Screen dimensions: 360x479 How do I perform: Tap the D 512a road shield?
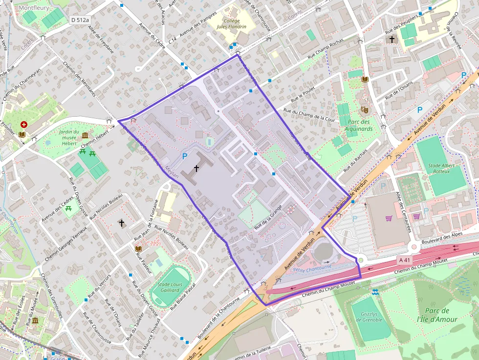pyautogui.click(x=79, y=20)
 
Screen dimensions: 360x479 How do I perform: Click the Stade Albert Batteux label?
pyautogui.click(x=441, y=169)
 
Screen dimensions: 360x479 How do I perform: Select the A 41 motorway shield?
pyautogui.click(x=404, y=260)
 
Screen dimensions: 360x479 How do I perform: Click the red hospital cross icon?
pyautogui.click(x=23, y=125)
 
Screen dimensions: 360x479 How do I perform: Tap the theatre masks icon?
pyautogui.click(x=364, y=110)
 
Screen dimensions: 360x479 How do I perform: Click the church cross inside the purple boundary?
pyautogui.click(x=196, y=169)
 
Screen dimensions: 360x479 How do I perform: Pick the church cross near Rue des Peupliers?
pyautogui.click(x=391, y=39)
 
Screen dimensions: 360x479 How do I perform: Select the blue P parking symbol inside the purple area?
pyautogui.click(x=184, y=156)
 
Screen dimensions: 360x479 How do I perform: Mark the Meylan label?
pyautogui.click(x=172, y=172)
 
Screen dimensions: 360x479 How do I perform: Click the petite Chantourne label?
pyautogui.click(x=313, y=268)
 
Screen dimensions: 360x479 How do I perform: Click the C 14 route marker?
pyautogui.click(x=172, y=42)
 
